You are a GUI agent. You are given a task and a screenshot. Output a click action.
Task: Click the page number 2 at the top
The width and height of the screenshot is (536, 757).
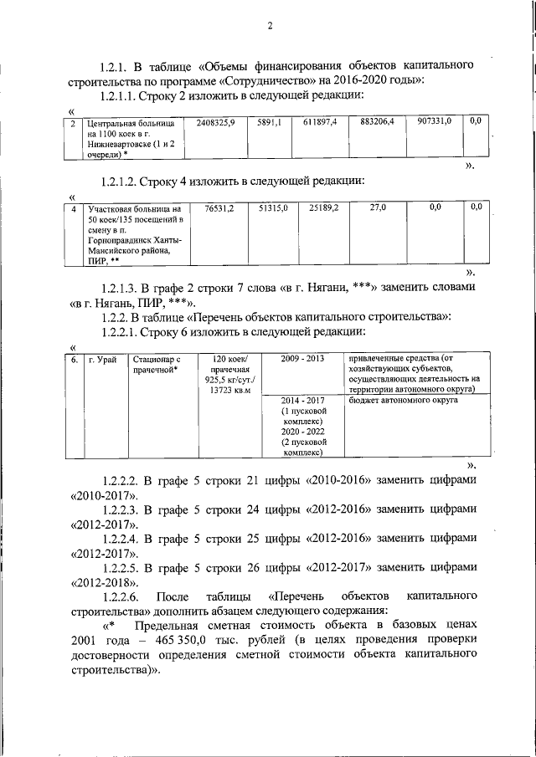point(271,25)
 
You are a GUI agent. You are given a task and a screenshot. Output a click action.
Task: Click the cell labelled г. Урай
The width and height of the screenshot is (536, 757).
point(103,360)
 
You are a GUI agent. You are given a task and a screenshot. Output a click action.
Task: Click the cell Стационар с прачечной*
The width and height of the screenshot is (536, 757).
point(157,365)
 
